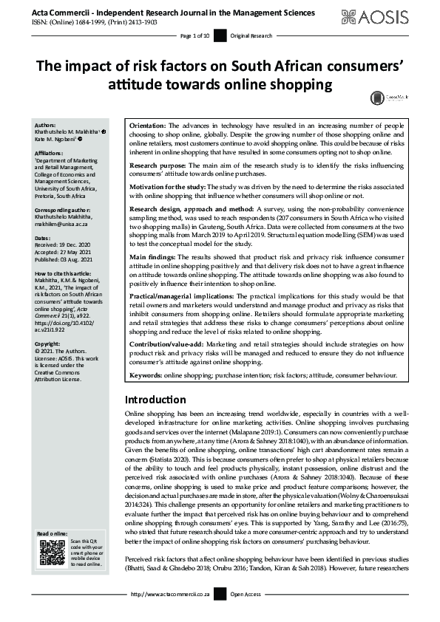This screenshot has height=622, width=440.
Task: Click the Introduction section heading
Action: [x=157, y=399]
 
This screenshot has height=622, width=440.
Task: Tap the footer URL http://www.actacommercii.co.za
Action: [x=172, y=615]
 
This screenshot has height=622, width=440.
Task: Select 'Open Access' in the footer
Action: [x=245, y=615]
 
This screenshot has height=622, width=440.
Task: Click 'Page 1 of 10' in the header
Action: [x=195, y=35]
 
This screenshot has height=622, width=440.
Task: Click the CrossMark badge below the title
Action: [x=379, y=97]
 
